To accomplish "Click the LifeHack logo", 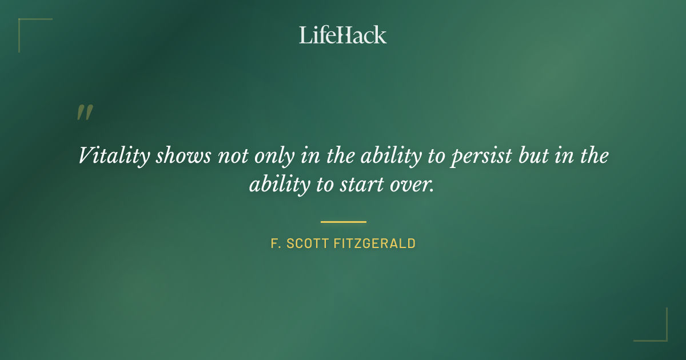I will point(343,35).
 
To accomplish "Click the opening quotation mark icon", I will point(84,113).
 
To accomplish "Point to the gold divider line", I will point(343,222).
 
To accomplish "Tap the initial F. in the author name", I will point(275,244).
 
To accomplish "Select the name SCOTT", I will point(306,244).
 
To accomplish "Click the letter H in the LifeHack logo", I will point(345,35).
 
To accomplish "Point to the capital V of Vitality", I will point(85,156).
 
